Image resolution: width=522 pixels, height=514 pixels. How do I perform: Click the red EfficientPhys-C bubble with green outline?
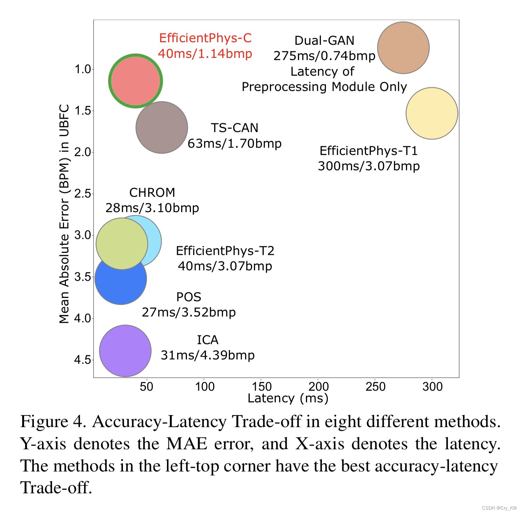[x=135, y=81]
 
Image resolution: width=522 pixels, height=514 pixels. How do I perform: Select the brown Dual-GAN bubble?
[x=403, y=48]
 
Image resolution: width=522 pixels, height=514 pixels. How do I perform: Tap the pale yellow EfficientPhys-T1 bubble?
[x=432, y=113]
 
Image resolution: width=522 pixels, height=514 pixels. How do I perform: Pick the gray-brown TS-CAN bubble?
[x=162, y=127]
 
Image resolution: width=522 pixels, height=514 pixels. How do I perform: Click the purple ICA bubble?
[x=125, y=351]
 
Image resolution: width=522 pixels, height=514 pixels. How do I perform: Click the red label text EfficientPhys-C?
[x=205, y=38]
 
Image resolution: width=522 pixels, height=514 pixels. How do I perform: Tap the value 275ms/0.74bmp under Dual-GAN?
[x=324, y=56]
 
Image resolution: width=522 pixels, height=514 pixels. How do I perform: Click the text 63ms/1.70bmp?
[x=235, y=143]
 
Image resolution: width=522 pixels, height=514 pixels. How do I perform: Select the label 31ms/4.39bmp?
[x=208, y=355]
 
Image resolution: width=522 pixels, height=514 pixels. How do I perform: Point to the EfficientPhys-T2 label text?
[x=225, y=251]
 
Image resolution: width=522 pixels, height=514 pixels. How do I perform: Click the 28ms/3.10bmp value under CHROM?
[x=152, y=208]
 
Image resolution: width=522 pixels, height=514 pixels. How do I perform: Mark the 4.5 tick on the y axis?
[x=83, y=360]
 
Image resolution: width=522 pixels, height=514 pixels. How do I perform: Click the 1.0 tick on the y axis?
[x=83, y=69]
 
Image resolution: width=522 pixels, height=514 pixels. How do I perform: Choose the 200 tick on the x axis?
[x=318, y=386]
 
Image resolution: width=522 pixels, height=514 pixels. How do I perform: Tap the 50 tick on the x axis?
[x=147, y=386]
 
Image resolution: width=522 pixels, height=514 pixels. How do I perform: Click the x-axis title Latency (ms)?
[x=288, y=398]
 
